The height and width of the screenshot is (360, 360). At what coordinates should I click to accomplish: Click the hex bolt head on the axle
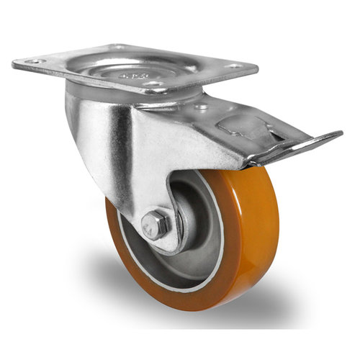point(155,225)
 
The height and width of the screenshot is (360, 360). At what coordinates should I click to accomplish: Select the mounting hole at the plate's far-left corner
point(33,62)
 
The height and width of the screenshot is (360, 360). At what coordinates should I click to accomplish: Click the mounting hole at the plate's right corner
point(235,67)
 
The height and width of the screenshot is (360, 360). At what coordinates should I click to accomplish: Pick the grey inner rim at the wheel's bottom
point(180,277)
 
